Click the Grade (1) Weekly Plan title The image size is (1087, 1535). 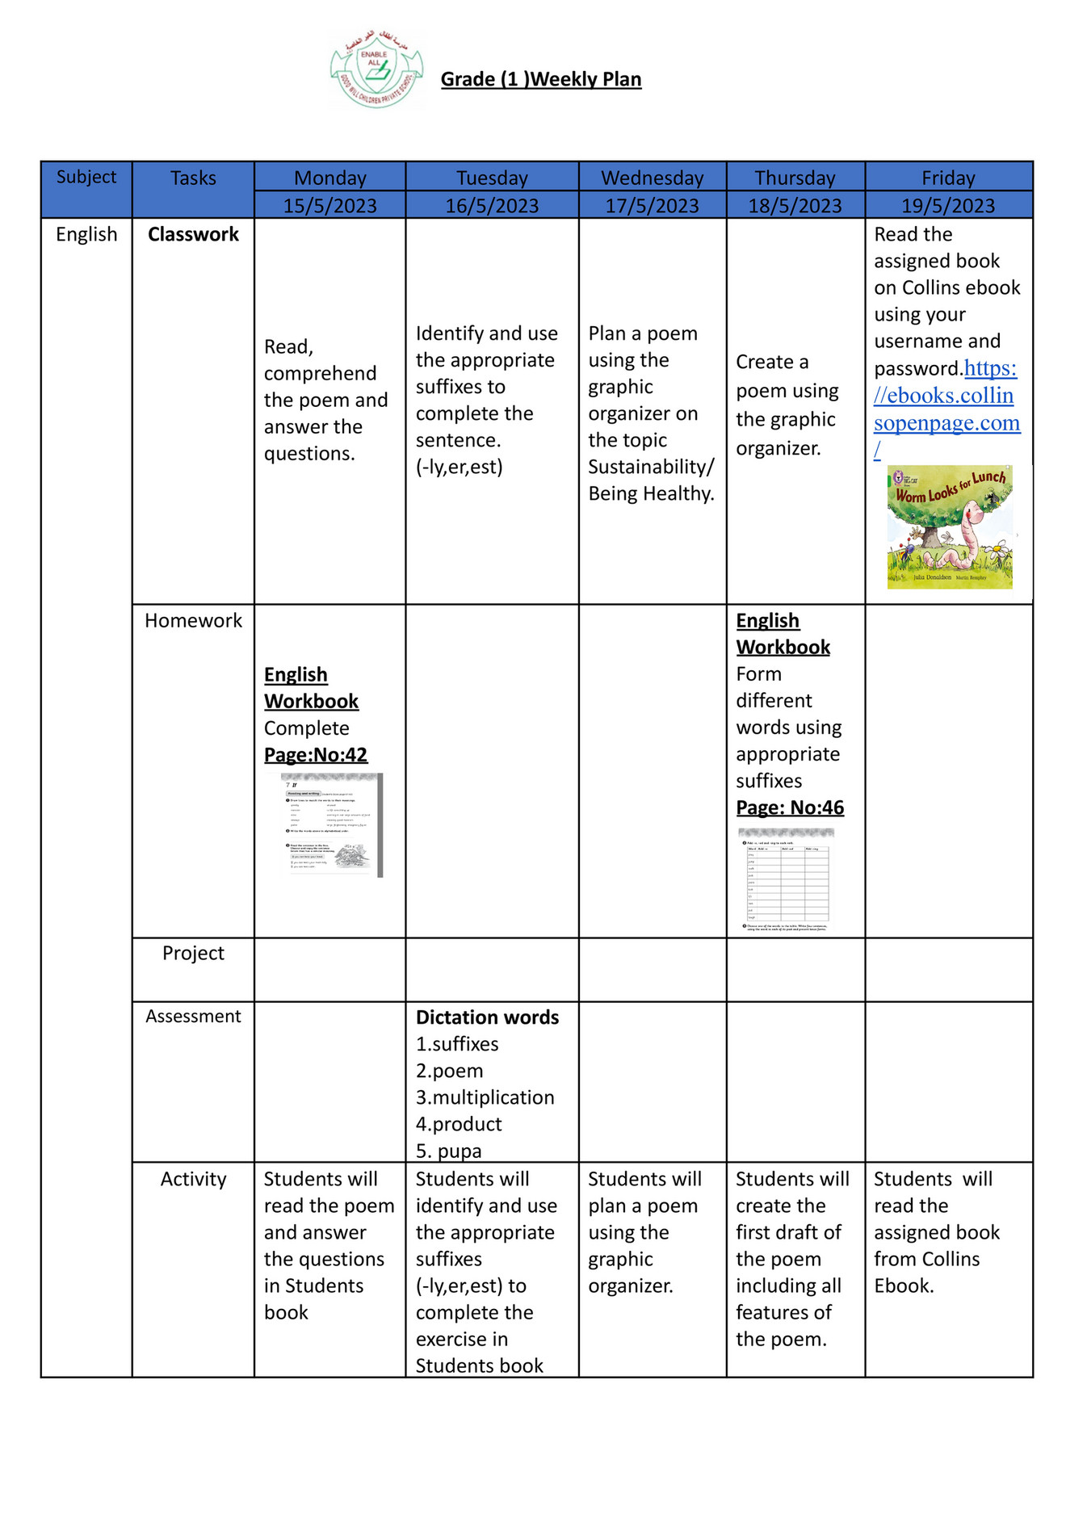click(x=540, y=79)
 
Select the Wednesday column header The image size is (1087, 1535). click(x=652, y=178)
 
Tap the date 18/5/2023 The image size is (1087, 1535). click(x=795, y=206)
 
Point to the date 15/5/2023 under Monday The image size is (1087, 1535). click(x=329, y=206)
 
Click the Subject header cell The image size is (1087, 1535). click(x=86, y=177)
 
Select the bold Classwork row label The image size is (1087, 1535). click(x=193, y=234)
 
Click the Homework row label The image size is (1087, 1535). click(x=193, y=620)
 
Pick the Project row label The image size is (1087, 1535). click(x=193, y=953)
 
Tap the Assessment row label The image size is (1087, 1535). click(x=193, y=1017)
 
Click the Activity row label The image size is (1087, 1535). click(x=193, y=1179)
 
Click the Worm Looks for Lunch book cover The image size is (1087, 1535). click(x=949, y=526)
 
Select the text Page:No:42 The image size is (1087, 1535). click(x=316, y=755)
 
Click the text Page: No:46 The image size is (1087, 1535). click(x=790, y=807)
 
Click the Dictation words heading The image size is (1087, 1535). click(x=487, y=1017)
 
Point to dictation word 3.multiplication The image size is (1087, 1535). click(x=485, y=1097)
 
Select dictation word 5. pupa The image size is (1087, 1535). click(x=448, y=1151)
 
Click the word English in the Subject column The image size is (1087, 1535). click(x=86, y=234)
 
